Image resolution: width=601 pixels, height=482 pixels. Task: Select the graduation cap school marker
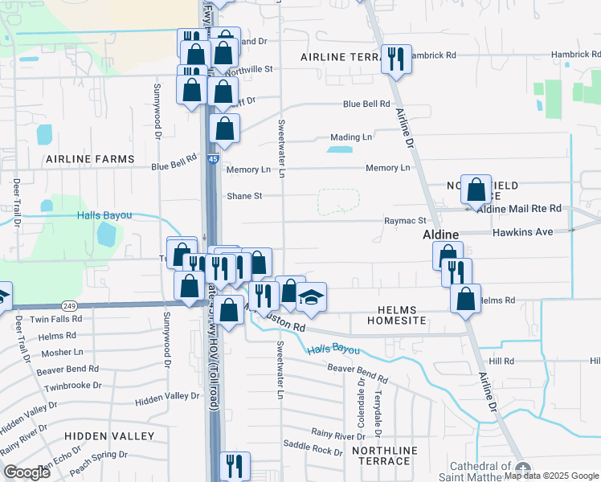(x=311, y=299)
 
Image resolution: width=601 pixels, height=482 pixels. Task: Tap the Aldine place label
(x=441, y=234)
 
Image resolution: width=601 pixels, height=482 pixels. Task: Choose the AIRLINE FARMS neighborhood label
(x=90, y=159)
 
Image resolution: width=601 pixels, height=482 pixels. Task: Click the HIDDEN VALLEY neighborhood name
(x=109, y=435)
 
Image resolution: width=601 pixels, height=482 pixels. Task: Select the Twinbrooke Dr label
(x=73, y=385)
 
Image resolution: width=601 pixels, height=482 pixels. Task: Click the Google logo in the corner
(x=27, y=472)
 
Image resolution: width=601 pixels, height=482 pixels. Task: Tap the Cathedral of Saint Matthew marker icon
(x=523, y=469)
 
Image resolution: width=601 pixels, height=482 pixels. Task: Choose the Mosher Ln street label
(x=62, y=352)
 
